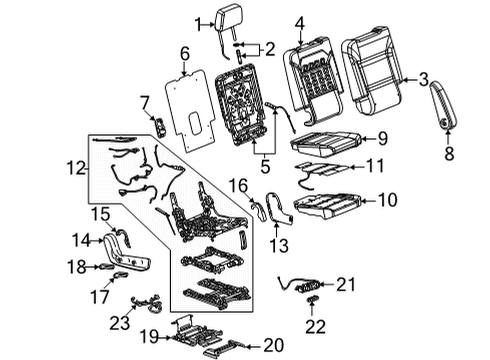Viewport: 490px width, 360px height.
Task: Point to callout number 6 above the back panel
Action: (183, 52)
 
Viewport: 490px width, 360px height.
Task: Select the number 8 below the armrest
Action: (446, 153)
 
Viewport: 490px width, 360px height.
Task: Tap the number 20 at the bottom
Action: (273, 346)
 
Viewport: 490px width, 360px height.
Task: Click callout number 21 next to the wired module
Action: (346, 285)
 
